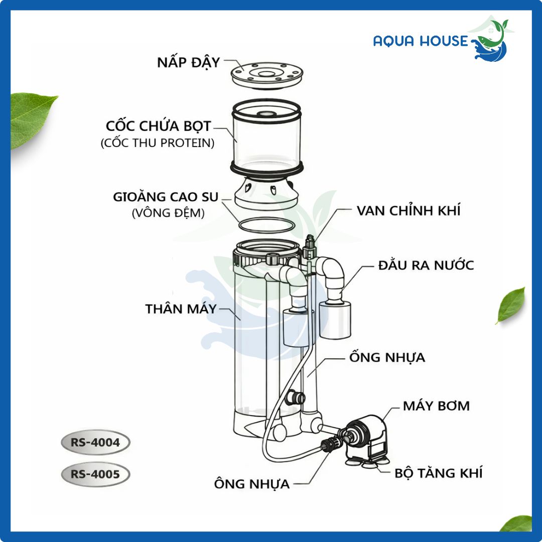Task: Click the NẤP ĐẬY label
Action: pyautogui.click(x=188, y=63)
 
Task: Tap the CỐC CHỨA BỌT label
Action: pyautogui.click(x=158, y=126)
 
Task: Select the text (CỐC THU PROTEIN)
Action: pyautogui.click(x=158, y=143)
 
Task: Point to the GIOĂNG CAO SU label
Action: pyautogui.click(x=166, y=197)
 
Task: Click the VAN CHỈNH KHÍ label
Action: pyautogui.click(x=409, y=210)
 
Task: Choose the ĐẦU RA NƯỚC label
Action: pyautogui.click(x=426, y=265)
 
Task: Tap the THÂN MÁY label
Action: pyautogui.click(x=181, y=309)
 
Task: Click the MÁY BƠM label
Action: pyautogui.click(x=436, y=405)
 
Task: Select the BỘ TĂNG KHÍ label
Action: pyautogui.click(x=438, y=473)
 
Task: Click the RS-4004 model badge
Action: pyautogui.click(x=95, y=443)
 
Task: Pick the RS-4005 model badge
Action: pyautogui.click(x=95, y=474)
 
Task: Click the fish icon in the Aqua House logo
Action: pyautogui.click(x=491, y=42)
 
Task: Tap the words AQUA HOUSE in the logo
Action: pyautogui.click(x=421, y=41)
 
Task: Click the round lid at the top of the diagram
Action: pyautogui.click(x=267, y=75)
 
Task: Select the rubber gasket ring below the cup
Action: pyautogui.click(x=267, y=225)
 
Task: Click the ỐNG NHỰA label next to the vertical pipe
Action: pyautogui.click(x=387, y=357)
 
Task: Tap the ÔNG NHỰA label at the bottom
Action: pyautogui.click(x=251, y=484)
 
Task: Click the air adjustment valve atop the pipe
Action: pyautogui.click(x=309, y=247)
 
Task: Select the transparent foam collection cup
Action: pyautogui.click(x=266, y=139)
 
